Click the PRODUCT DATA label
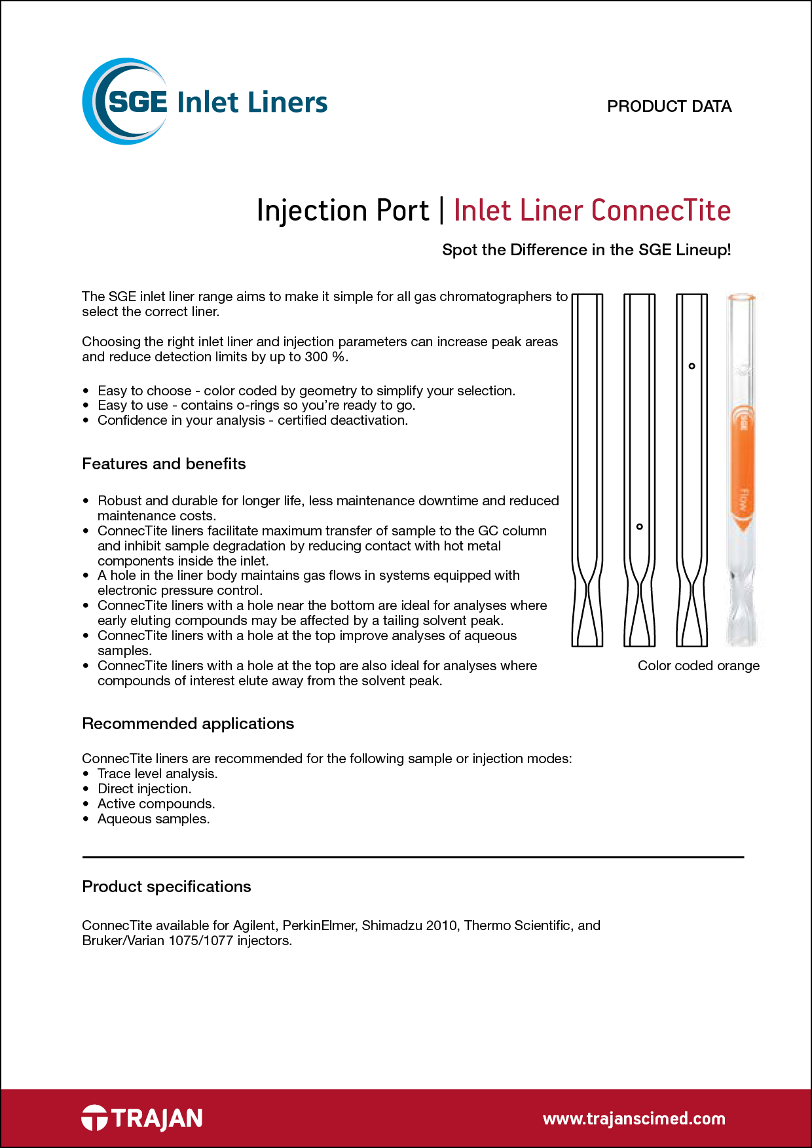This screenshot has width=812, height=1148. [669, 106]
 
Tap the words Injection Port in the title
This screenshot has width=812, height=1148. [342, 211]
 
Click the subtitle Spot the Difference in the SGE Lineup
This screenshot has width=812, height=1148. [586, 250]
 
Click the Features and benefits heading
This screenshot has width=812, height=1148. [164, 464]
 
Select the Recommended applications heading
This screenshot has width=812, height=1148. [188, 724]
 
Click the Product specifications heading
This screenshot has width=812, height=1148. [166, 887]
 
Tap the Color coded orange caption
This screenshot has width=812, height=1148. [698, 666]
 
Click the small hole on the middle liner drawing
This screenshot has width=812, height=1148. [640, 526]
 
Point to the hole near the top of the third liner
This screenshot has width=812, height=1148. [692, 366]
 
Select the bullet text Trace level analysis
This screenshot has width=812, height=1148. [157, 774]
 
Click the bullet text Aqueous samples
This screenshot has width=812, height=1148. [153, 819]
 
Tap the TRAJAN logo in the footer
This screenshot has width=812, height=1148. [142, 1118]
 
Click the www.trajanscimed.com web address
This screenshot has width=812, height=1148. [633, 1119]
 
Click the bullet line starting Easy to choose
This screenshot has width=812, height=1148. [306, 391]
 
